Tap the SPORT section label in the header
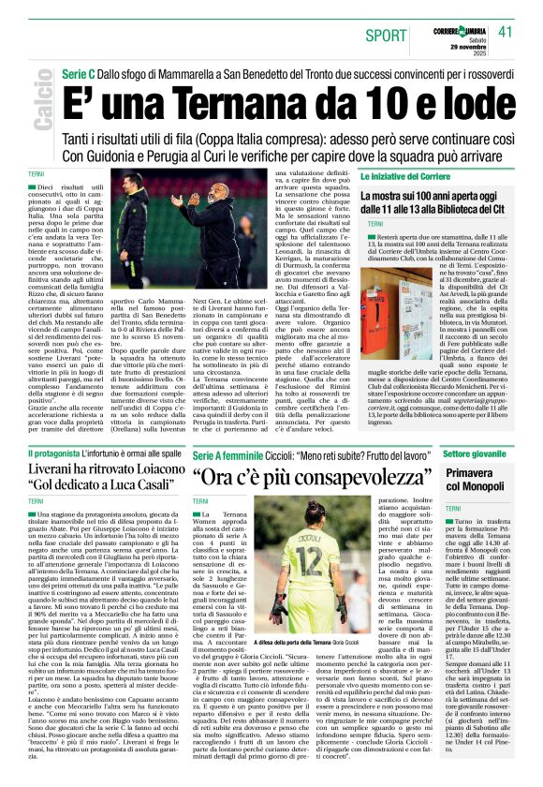[387, 35]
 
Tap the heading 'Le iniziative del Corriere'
[400, 177]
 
